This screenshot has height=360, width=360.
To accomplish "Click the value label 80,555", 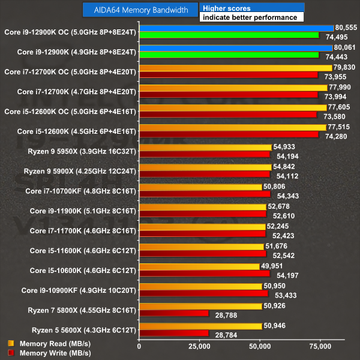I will [346, 28].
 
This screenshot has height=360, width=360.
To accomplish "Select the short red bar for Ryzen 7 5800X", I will [173, 313].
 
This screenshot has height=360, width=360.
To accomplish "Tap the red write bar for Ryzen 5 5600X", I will [173, 333].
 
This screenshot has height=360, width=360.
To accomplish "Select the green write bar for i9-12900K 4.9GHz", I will [229, 55].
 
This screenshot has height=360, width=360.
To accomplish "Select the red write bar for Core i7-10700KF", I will [204, 194].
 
